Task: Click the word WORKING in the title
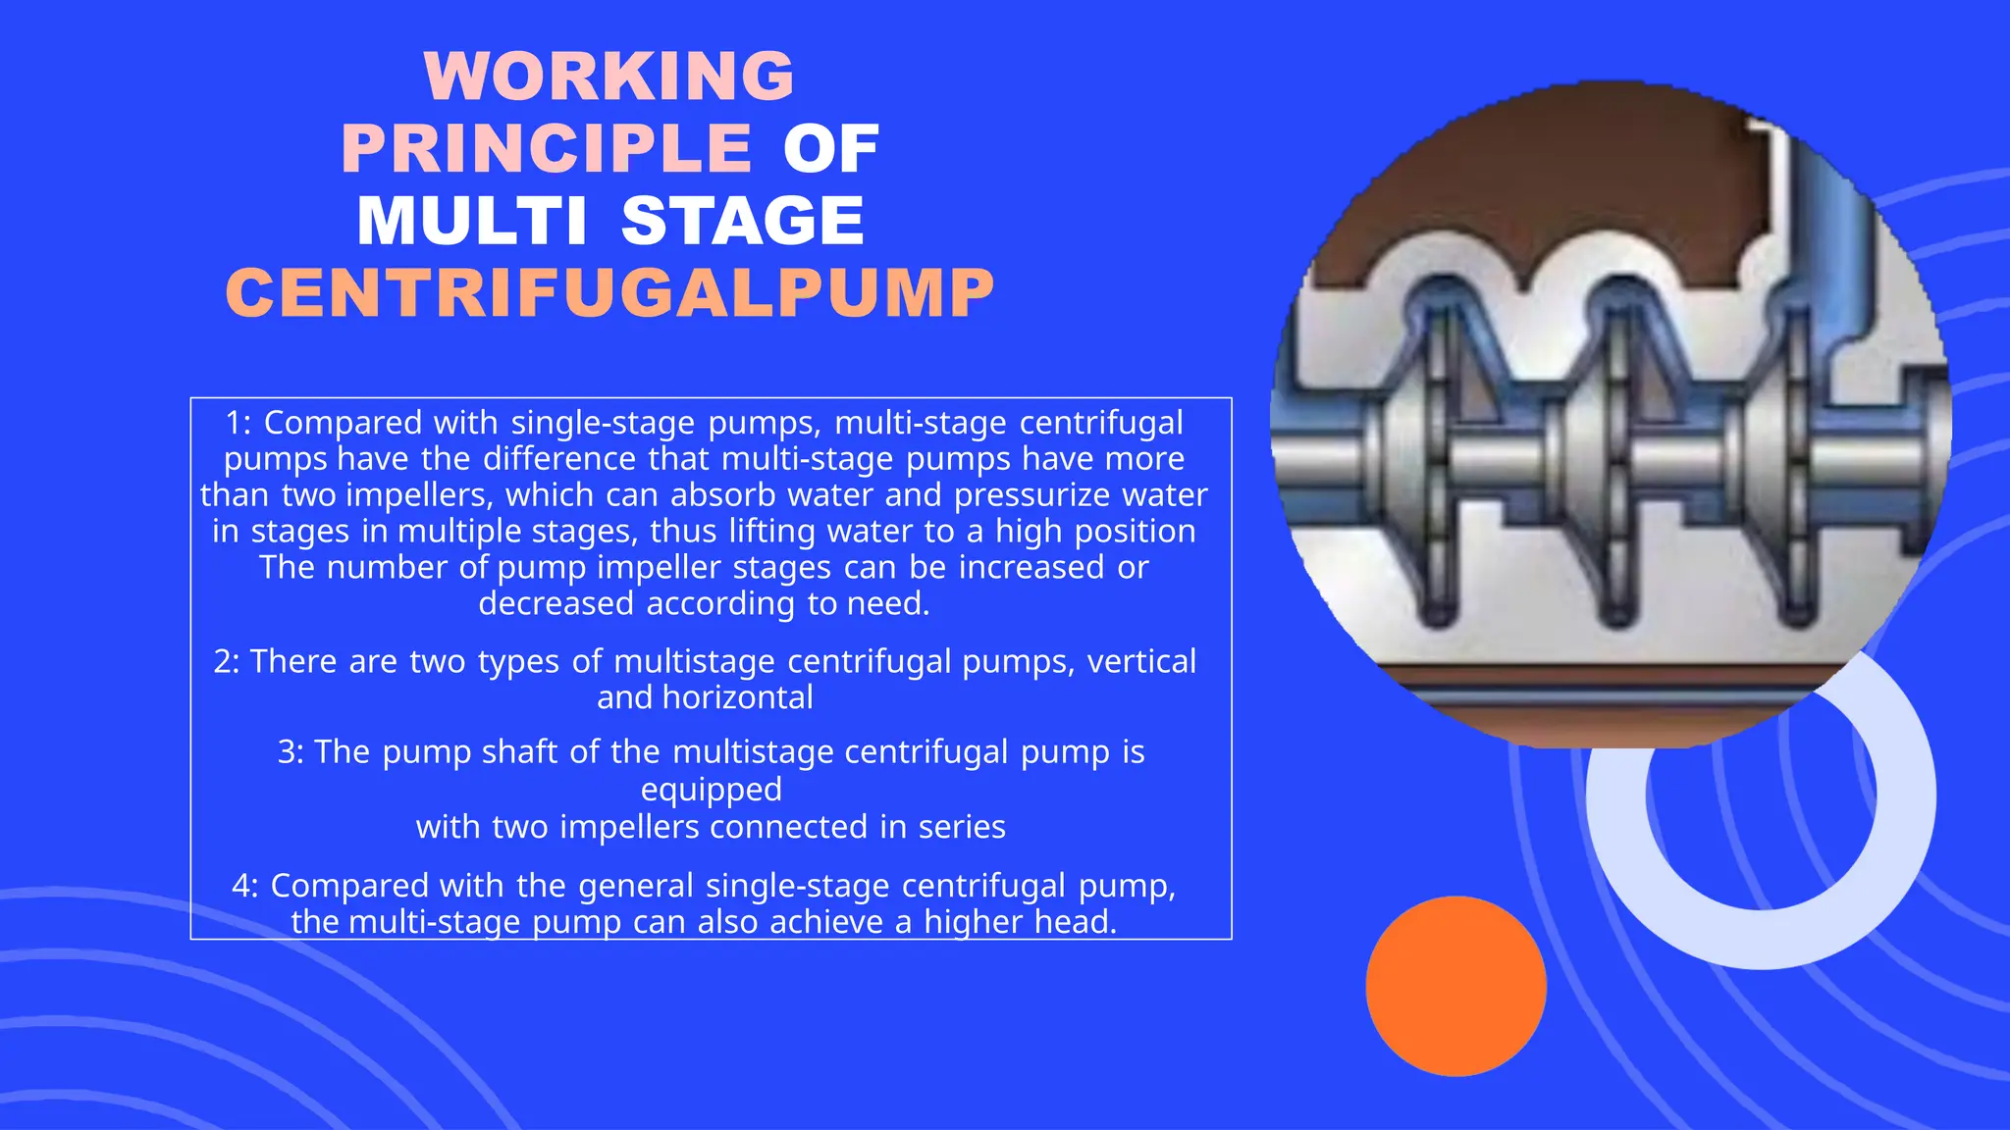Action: tap(609, 76)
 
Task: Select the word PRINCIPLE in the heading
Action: tap(547, 149)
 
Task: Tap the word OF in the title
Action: tap(830, 149)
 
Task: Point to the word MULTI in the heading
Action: tap(472, 221)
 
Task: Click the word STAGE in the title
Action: tap(743, 221)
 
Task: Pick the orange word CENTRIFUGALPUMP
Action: tap(609, 293)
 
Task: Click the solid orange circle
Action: tap(1455, 986)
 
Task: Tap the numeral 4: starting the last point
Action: tap(245, 886)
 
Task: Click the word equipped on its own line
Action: tap(712, 790)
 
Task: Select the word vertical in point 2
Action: tap(1141, 662)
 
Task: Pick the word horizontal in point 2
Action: tap(738, 698)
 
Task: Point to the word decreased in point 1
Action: tap(555, 603)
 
